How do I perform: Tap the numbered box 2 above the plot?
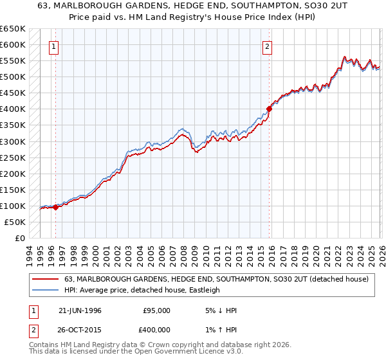click(x=266, y=46)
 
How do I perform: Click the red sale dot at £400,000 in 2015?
click(x=270, y=109)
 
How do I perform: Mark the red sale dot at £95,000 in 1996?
click(x=56, y=207)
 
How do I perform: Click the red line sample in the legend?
click(x=45, y=279)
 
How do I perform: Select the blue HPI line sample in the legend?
click(x=45, y=290)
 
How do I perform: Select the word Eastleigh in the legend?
click(x=202, y=290)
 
